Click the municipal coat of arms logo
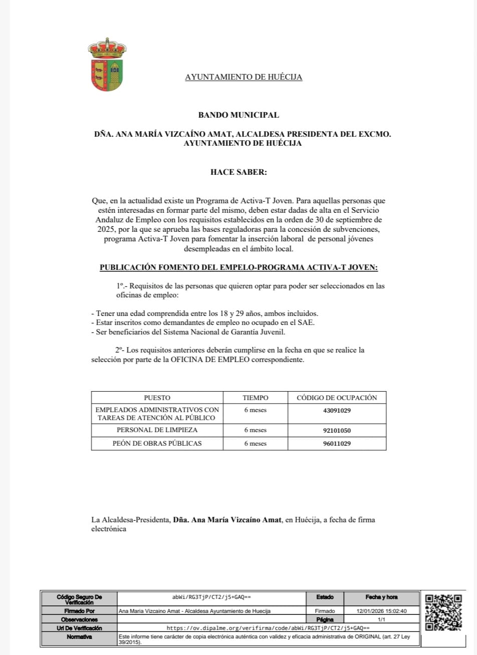(x=107, y=65)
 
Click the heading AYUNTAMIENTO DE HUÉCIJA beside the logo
(x=244, y=77)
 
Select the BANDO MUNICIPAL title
(x=238, y=115)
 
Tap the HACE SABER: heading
(x=238, y=172)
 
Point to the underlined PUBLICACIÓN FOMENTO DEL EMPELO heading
(x=238, y=267)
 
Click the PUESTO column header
(x=157, y=398)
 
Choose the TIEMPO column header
(x=256, y=398)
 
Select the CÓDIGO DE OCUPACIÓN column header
(x=337, y=398)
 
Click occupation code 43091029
(x=337, y=411)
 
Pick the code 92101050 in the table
(x=337, y=430)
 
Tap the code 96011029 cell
(x=337, y=444)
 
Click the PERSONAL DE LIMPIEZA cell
(x=157, y=430)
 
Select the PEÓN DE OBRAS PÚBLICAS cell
(x=157, y=444)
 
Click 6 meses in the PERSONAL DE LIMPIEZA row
(x=256, y=430)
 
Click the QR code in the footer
(x=443, y=612)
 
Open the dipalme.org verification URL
(x=268, y=628)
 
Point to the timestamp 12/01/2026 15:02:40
(x=381, y=611)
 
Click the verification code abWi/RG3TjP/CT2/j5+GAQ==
(x=211, y=597)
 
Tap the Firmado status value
(x=325, y=611)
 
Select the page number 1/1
(x=381, y=619)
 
